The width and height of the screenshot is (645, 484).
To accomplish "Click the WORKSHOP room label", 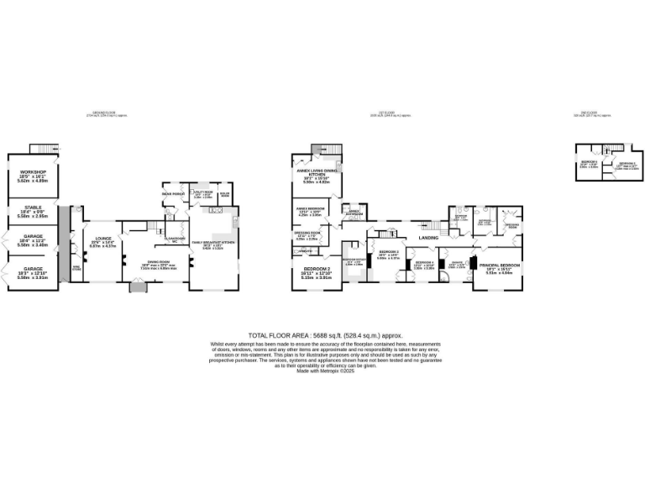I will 33,171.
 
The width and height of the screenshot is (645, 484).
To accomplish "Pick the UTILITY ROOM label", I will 202,192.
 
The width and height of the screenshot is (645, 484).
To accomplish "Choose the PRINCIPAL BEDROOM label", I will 499,266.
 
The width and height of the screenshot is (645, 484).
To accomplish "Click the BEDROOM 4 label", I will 423,262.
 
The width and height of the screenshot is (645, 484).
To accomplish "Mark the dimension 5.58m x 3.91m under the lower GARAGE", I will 33,276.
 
